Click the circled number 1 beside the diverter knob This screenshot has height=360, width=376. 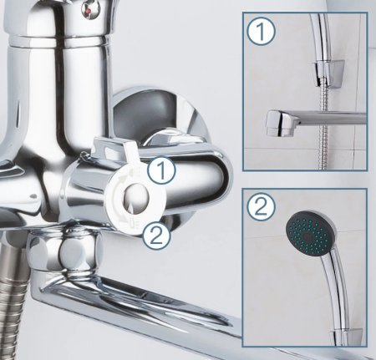(161, 170)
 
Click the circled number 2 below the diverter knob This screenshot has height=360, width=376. (156, 236)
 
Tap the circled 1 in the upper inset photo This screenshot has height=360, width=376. (261, 32)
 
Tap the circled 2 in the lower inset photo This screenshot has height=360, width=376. (261, 206)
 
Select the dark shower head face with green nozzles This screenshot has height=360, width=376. (308, 233)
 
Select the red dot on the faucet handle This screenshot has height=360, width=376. (89, 12)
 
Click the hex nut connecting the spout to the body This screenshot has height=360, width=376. (65, 251)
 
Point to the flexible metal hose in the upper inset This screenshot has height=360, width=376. (323, 126)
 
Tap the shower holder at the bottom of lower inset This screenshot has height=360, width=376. (346, 337)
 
